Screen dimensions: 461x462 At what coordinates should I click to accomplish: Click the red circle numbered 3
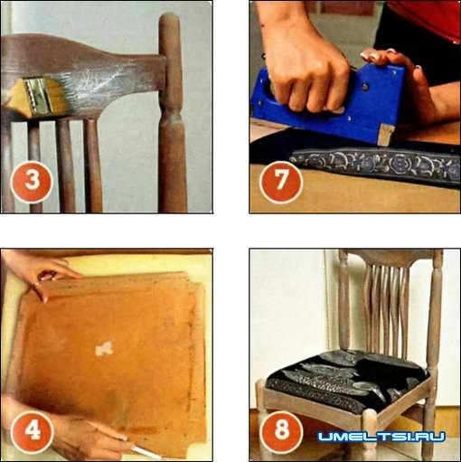click(32, 182)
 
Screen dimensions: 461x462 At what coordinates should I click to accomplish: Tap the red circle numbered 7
click(281, 182)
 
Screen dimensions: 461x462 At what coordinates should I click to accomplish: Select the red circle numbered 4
click(32, 432)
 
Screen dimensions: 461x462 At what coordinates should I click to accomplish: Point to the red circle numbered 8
click(281, 432)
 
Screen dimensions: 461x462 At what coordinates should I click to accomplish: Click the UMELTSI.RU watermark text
click(381, 436)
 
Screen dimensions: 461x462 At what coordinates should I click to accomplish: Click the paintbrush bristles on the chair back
click(58, 90)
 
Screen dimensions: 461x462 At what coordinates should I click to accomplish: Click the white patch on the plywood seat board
click(104, 349)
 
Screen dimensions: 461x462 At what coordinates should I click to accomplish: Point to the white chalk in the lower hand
click(142, 451)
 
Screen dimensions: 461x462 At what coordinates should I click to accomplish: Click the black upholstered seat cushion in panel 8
click(346, 382)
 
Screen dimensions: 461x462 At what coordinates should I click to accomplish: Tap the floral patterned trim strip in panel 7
click(375, 165)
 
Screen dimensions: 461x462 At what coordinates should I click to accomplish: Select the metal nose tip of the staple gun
click(386, 135)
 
